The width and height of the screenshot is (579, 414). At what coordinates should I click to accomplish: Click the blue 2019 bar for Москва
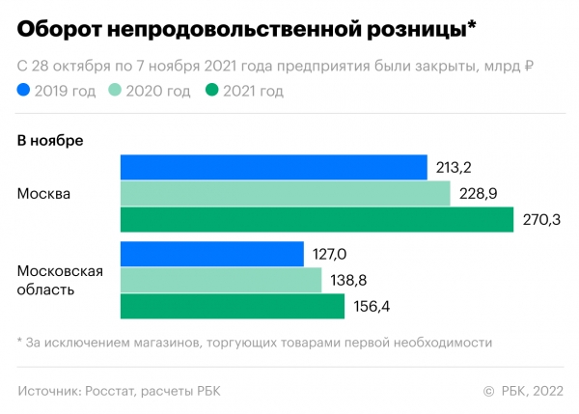pos(273,167)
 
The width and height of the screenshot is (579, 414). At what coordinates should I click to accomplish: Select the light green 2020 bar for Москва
pos(285,193)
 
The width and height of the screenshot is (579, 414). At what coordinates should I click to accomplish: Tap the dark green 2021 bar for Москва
pos(317,219)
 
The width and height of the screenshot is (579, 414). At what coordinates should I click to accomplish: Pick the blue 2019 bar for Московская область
pos(211,255)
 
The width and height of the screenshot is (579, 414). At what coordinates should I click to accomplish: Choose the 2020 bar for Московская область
pos(220,281)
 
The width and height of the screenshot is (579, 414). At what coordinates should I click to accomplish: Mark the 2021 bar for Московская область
pos(232,307)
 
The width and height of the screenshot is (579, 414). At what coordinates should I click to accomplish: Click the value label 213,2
pos(454,168)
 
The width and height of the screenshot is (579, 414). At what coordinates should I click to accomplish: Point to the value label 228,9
pos(478,194)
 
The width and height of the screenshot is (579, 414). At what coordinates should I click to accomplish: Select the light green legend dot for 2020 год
pos(114,92)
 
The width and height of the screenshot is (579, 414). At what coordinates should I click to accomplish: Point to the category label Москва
pos(43,194)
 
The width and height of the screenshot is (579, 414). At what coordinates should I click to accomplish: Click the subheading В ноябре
pos(50,140)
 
